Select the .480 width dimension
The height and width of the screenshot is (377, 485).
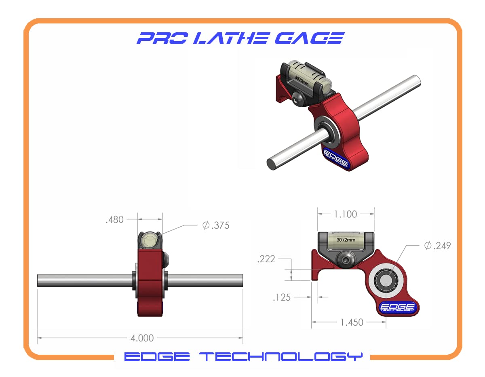click(x=114, y=219)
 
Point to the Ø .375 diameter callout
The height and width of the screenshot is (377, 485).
click(x=215, y=225)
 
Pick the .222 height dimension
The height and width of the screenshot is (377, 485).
click(x=266, y=259)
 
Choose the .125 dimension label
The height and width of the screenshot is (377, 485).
click(x=282, y=297)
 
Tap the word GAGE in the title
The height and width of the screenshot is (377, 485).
click(x=309, y=38)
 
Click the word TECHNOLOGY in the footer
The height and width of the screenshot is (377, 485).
click(x=281, y=357)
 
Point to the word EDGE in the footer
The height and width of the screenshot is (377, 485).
click(x=157, y=357)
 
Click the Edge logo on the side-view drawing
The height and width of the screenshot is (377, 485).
click(x=398, y=307)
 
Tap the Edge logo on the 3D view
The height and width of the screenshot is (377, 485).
click(x=336, y=158)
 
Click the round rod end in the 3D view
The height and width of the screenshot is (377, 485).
click(x=272, y=164)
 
